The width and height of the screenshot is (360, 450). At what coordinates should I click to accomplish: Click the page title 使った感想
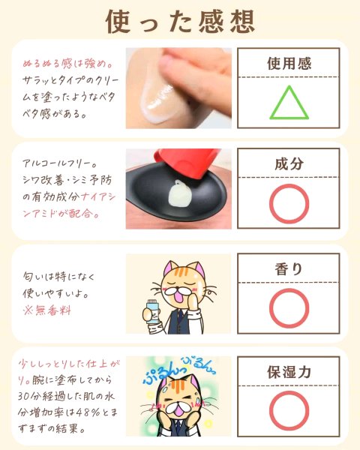point(180,22)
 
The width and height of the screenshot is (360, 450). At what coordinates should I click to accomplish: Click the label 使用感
point(289,64)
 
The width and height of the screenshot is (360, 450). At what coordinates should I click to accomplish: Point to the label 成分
point(289,163)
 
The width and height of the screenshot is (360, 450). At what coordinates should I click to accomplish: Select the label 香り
point(289,269)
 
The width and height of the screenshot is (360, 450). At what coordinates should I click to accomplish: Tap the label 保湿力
point(289,372)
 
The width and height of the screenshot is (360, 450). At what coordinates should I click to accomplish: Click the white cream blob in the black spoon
point(180,193)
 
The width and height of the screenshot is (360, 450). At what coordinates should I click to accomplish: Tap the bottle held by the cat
point(151,312)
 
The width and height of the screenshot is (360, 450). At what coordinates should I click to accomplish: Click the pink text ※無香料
point(47,310)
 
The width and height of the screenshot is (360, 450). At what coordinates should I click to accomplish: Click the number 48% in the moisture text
point(88,412)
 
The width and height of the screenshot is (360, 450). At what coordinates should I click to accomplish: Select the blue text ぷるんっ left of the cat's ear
point(163,374)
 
